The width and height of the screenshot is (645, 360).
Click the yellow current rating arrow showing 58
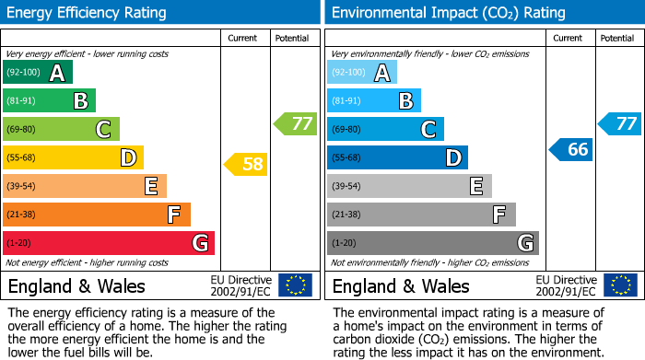pos(245,165)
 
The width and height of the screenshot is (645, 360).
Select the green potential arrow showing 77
pos(295,123)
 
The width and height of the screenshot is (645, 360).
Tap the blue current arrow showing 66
pos(570,149)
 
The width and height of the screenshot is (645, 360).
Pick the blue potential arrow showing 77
pos(620,123)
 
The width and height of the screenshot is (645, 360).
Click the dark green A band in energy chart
pos(38,73)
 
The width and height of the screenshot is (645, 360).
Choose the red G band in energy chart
pos(109,243)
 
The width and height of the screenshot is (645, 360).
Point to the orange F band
pos(97,215)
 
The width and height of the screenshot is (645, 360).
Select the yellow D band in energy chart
pos(73,157)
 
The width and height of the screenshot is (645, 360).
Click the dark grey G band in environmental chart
pos(432,243)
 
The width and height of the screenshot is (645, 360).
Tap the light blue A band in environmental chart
pos(362,73)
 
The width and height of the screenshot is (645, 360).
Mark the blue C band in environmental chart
pos(385,130)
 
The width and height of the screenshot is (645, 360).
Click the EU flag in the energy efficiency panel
pos(295,285)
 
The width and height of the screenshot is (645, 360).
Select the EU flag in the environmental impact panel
pos(619,285)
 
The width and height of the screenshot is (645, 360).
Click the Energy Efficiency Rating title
pos(88,13)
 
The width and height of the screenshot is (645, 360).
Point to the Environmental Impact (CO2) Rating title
pos(448,13)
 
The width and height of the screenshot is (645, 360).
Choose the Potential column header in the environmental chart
pos(617,38)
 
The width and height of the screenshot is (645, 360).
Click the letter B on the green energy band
pos(81,101)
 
